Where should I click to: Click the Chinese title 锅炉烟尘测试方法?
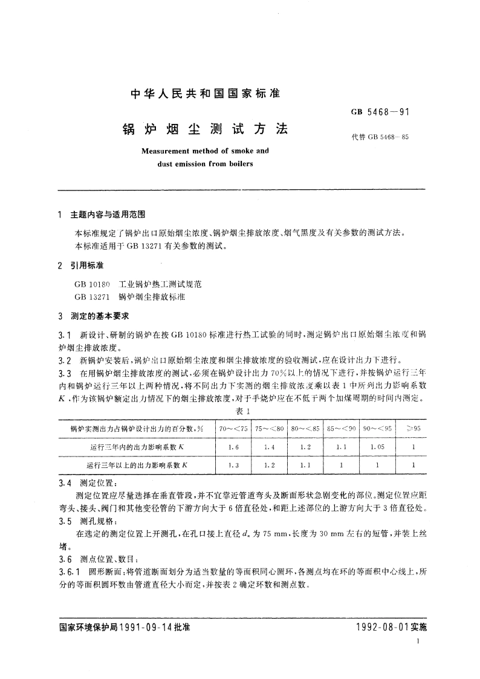206,129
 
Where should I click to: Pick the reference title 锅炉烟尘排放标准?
151,297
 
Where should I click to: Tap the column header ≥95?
413,429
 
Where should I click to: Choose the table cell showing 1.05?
376,447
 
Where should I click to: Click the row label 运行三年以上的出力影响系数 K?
137,465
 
